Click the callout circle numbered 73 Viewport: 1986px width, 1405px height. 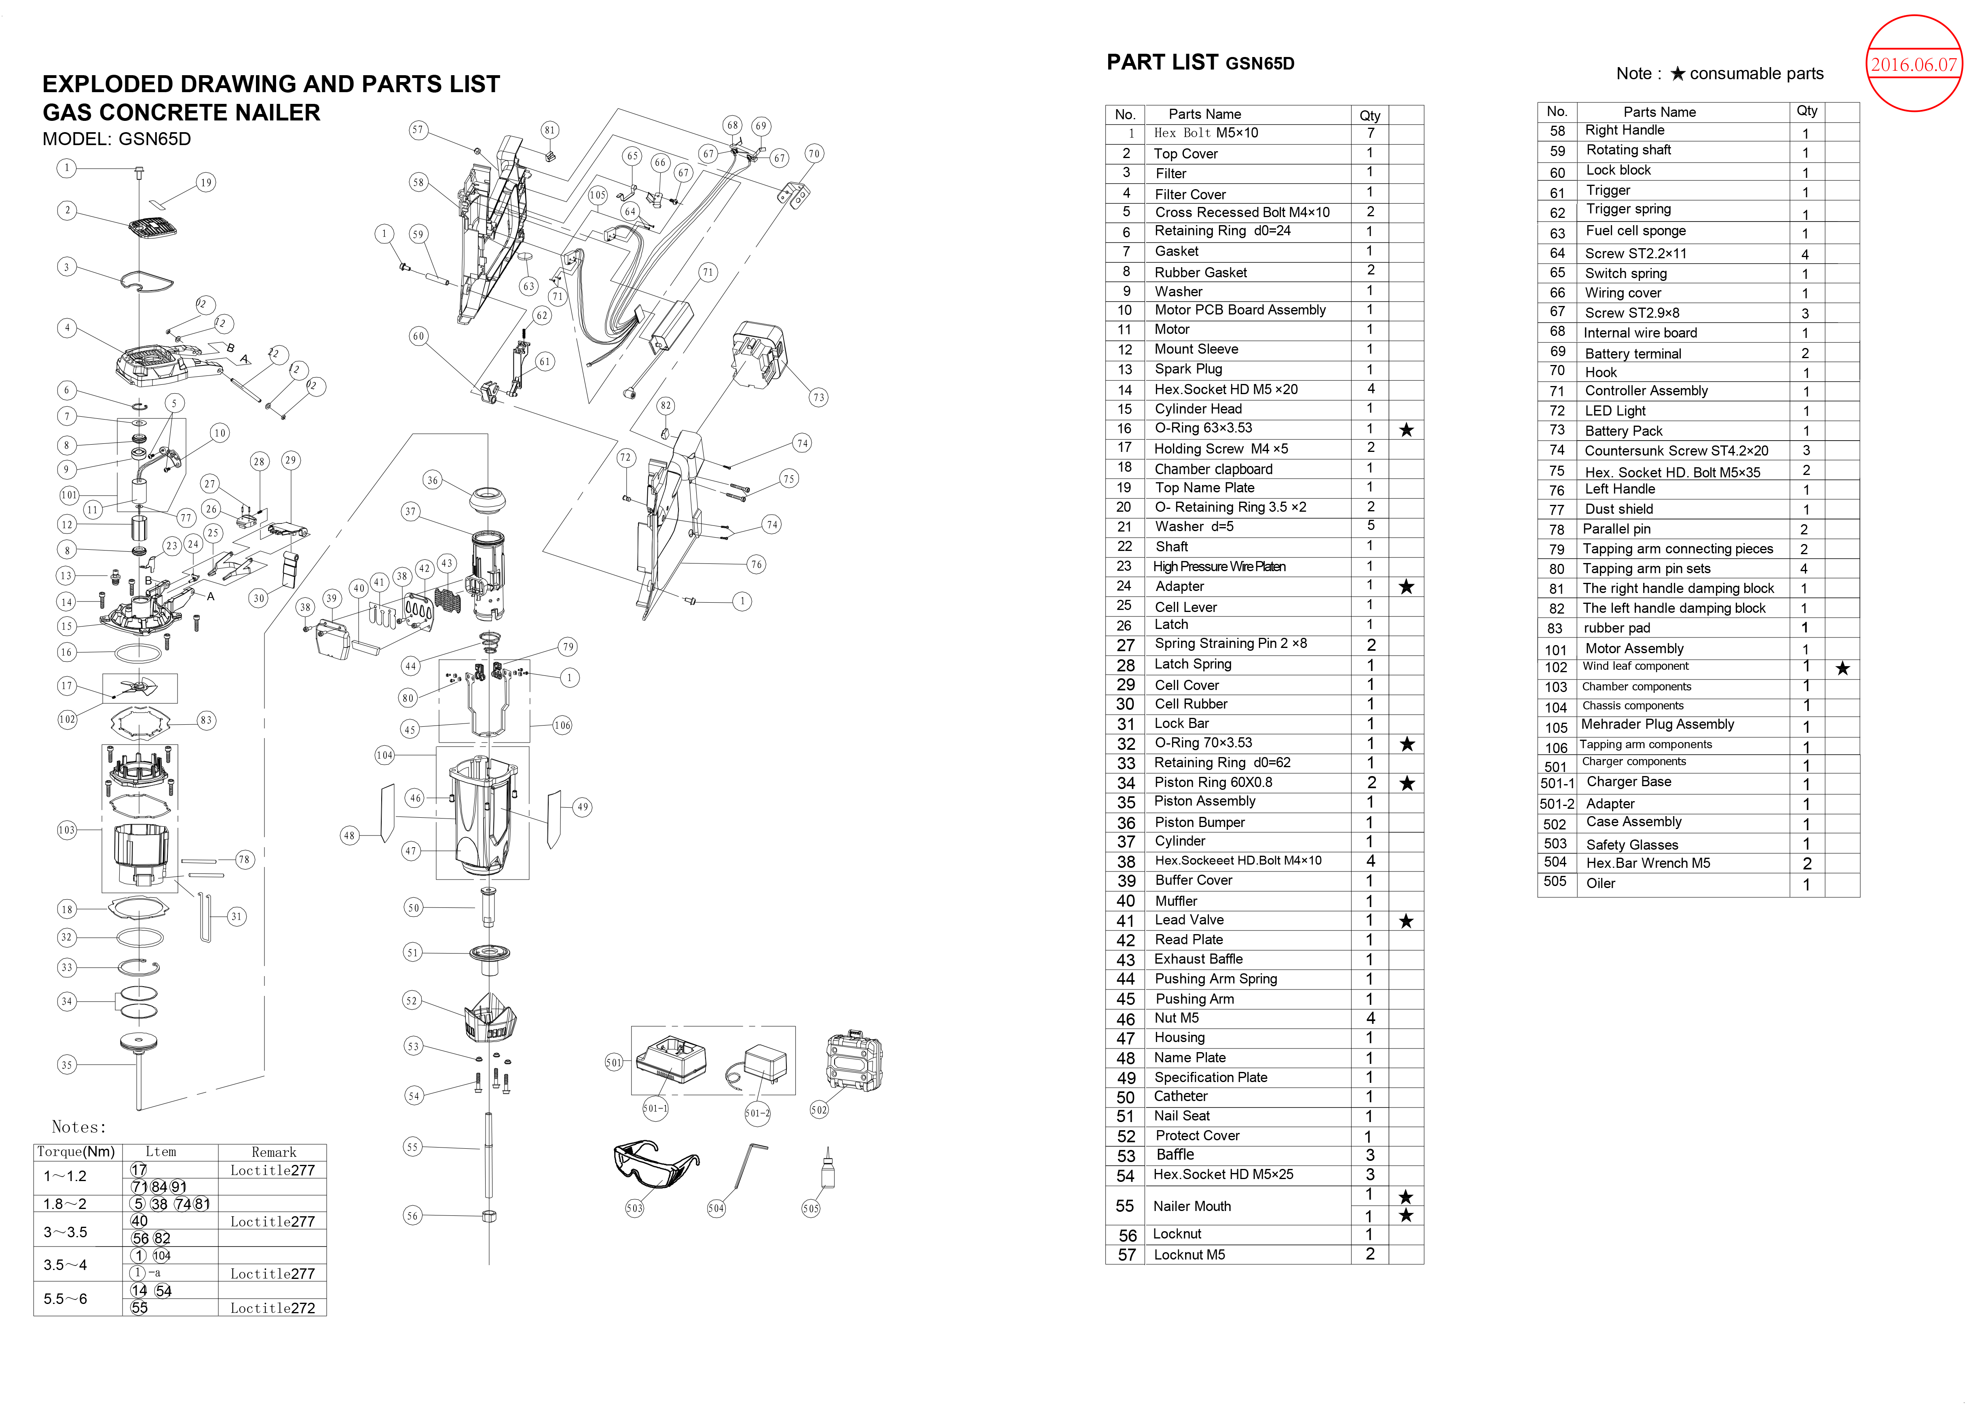pos(818,397)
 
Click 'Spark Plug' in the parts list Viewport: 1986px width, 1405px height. pos(1188,369)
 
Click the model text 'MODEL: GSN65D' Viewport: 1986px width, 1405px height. pos(117,139)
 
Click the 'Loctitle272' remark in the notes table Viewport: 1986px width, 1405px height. pos(273,1308)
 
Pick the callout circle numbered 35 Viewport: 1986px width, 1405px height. pos(67,1065)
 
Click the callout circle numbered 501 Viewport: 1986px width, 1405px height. pos(613,1062)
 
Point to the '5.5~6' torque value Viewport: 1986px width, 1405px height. pos(66,1299)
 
